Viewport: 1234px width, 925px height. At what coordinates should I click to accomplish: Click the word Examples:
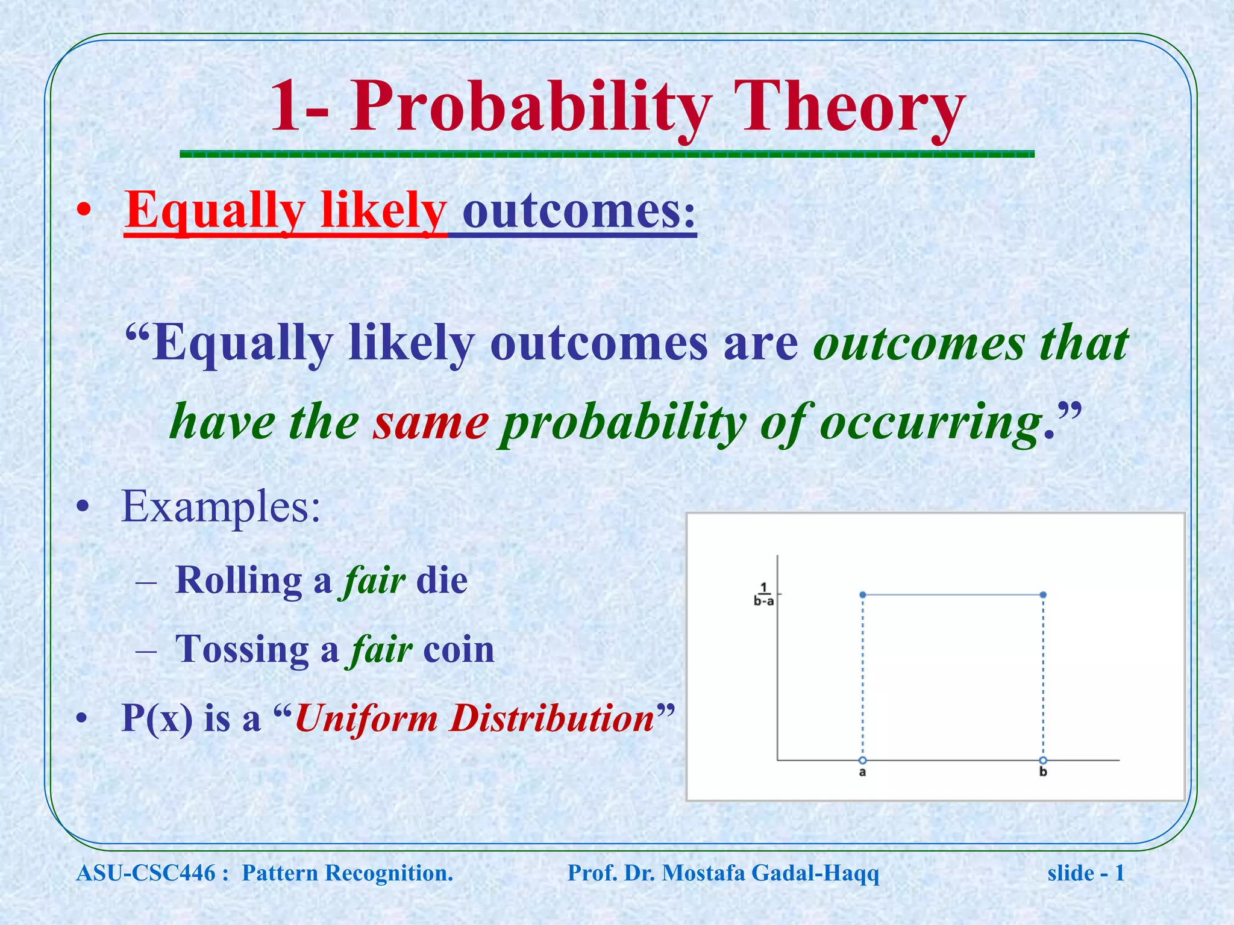(221, 506)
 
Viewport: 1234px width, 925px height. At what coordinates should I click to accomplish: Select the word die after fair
(442, 581)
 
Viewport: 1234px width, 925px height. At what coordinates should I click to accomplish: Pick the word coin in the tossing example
(459, 650)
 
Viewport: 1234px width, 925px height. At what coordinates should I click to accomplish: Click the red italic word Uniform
(366, 718)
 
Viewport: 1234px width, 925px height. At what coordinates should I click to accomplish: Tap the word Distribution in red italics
(553, 718)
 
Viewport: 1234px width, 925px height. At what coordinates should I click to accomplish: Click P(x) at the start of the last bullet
(157, 718)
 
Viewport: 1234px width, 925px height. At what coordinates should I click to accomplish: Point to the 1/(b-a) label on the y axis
(763, 594)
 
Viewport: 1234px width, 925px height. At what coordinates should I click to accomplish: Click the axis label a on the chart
(862, 773)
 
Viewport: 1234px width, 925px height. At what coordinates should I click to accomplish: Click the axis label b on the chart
(1043, 773)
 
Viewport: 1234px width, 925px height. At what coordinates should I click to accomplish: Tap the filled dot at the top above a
(863, 595)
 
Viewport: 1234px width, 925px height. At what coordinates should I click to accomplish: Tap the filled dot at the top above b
(1043, 595)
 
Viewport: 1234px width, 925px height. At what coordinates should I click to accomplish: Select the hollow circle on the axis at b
(1043, 760)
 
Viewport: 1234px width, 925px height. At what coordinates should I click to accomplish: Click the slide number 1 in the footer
(1119, 873)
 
